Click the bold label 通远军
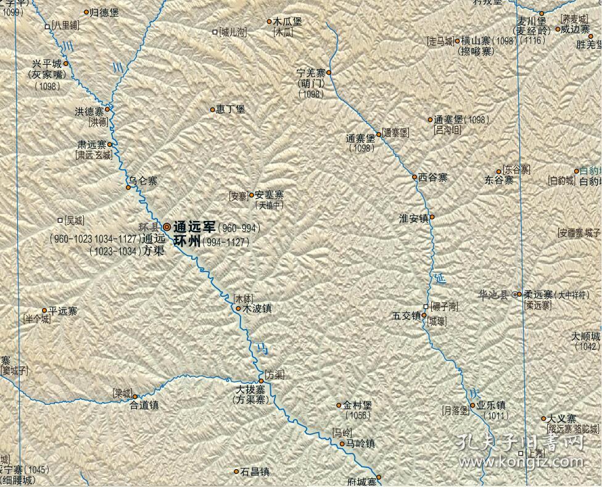tap(194, 227)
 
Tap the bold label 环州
tap(187, 241)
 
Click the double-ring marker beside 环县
tap(167, 227)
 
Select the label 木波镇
tap(257, 308)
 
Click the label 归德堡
tap(104, 12)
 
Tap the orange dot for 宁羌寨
tap(329, 73)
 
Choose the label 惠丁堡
tap(231, 109)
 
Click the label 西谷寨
tap(433, 177)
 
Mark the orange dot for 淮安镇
tap(432, 217)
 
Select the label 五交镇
tap(406, 315)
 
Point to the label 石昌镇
tap(255, 472)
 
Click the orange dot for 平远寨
tap(44, 310)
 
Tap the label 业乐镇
tap(491, 406)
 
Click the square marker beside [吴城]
tap(60, 220)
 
